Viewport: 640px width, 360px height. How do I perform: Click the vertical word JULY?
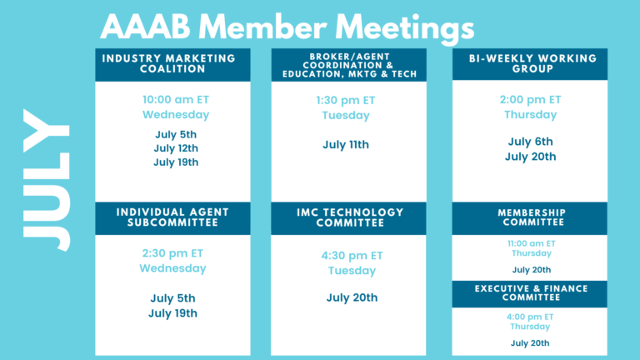46,180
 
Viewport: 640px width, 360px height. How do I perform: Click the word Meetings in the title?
404,28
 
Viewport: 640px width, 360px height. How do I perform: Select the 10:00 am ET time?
176,100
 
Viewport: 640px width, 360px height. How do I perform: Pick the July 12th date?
176,148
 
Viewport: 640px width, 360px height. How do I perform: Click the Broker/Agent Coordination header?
349,65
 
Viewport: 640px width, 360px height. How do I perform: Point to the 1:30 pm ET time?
346,100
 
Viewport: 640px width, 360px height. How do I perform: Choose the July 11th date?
346,144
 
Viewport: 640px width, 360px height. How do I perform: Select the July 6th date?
531,142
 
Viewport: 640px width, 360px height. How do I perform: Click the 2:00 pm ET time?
531,100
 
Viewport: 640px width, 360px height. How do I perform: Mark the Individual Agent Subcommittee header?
172,218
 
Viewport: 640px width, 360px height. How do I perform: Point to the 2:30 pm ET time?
172,253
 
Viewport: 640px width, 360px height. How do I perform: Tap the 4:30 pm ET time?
352,256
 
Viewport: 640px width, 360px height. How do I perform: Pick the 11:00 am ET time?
532,243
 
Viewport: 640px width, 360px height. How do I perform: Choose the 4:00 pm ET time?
530,317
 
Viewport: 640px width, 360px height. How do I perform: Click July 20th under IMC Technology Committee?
352,297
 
